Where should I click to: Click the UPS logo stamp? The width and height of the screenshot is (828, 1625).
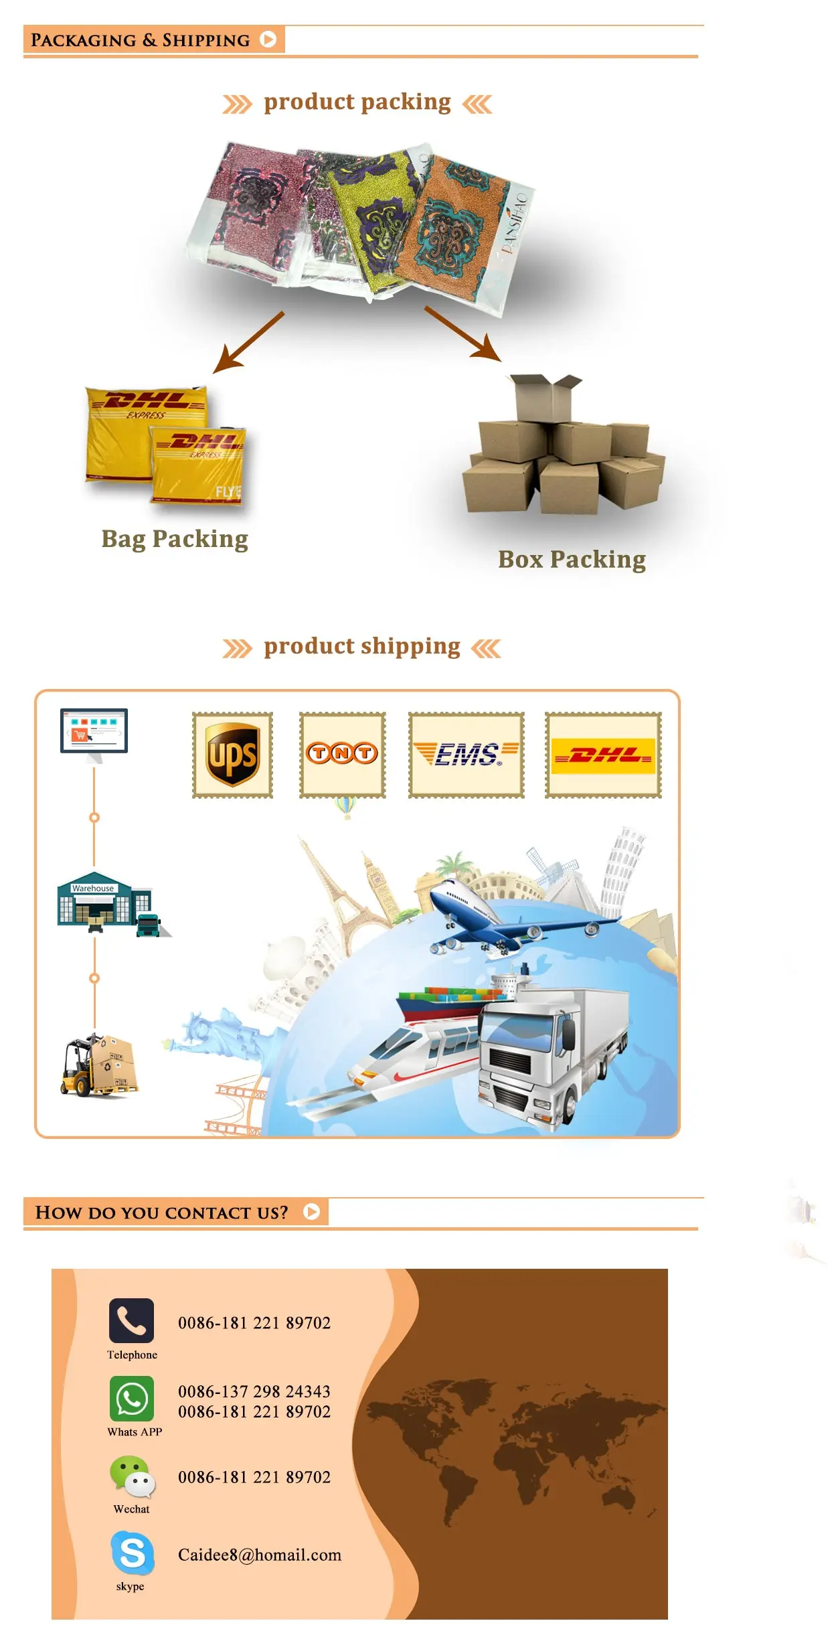coord(232,755)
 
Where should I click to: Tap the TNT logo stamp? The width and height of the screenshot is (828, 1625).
coord(342,755)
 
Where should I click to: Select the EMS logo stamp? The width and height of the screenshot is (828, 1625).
coord(466,755)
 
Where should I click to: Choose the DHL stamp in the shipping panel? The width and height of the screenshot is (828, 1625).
coord(603,755)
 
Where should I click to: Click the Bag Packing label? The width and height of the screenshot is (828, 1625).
coord(175,539)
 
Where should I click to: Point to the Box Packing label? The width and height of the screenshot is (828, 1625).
coord(572,560)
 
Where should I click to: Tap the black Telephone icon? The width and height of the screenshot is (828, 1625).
coord(131,1320)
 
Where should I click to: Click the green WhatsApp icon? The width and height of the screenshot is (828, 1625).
coord(132,1399)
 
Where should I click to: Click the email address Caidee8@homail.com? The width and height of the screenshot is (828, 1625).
coord(260,1555)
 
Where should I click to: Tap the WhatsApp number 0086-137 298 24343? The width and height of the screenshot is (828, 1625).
coord(254,1391)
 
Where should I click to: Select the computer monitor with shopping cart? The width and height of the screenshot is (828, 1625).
coord(94,732)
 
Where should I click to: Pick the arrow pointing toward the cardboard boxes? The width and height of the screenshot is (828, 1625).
coord(463,334)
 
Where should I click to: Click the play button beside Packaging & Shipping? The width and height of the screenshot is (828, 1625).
coord(268,40)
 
